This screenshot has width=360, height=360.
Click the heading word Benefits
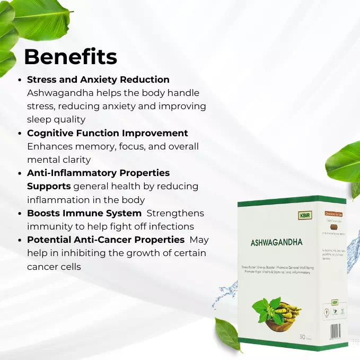coord(70,57)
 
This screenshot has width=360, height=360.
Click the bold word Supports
coord(49,187)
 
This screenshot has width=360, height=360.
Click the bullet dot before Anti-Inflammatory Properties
coord(20,173)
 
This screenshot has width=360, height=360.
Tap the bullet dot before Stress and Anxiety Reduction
coord(20,80)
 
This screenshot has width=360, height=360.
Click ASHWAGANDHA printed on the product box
coord(277,242)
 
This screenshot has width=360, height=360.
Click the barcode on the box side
coord(335,332)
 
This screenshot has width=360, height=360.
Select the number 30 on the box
coord(302,337)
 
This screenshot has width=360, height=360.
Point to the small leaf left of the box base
coord(227,333)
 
